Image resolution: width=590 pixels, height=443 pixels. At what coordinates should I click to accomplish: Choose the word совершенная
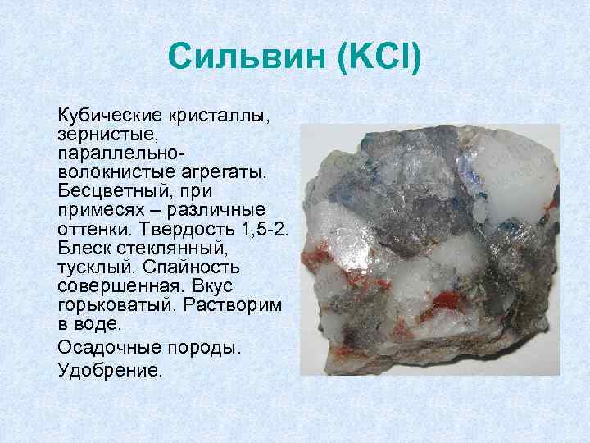118,286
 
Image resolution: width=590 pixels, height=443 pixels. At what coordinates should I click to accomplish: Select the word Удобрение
111,370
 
